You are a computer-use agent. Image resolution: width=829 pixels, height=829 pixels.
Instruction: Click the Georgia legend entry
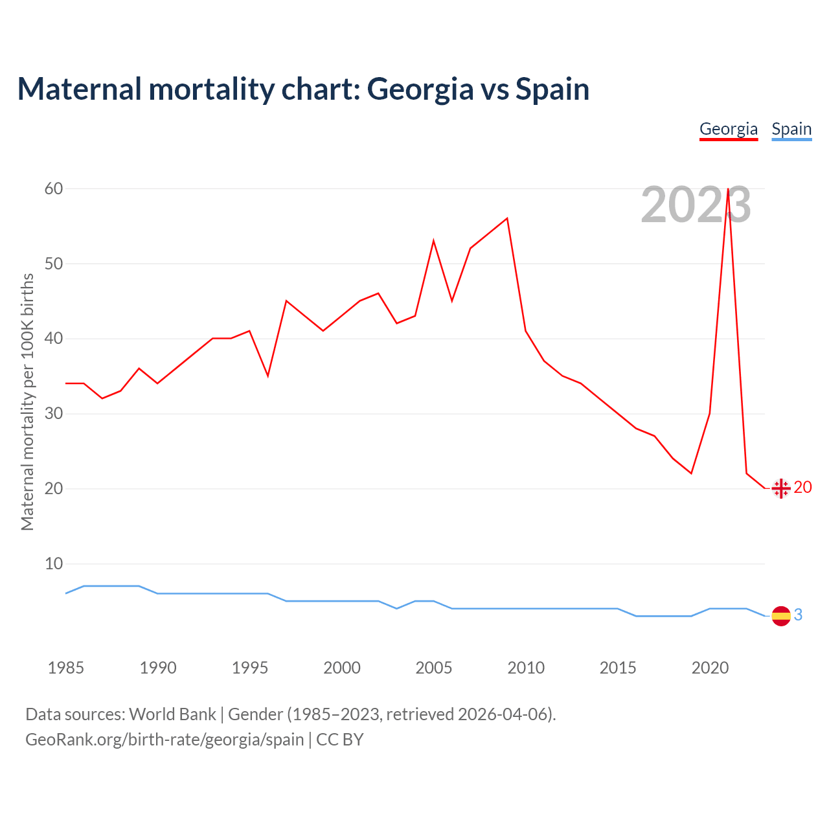pyautogui.click(x=729, y=129)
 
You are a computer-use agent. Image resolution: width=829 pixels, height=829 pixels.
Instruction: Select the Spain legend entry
pyautogui.click(x=791, y=129)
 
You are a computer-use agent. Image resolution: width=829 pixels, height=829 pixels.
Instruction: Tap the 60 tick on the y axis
pyautogui.click(x=54, y=188)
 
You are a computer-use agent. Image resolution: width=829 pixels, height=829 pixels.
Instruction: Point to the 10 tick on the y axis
pyautogui.click(x=54, y=563)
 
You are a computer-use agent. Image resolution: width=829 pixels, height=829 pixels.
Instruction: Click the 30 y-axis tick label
pyautogui.click(x=54, y=413)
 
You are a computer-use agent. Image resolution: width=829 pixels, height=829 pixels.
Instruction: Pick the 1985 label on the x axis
pyautogui.click(x=66, y=668)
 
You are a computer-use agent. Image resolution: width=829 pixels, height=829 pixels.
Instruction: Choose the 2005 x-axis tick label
pyautogui.click(x=434, y=668)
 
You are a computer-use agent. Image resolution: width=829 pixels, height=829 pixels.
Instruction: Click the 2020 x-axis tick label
pyautogui.click(x=710, y=668)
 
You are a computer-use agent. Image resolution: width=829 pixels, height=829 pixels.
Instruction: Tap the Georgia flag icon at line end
pyautogui.click(x=781, y=488)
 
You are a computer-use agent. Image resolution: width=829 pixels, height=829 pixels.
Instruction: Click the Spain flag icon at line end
pyautogui.click(x=781, y=616)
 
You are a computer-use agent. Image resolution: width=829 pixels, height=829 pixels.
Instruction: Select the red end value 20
pyautogui.click(x=802, y=488)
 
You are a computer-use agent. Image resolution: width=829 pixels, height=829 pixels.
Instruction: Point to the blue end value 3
pyautogui.click(x=798, y=615)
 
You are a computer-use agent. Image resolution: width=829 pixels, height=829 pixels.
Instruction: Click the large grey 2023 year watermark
pyautogui.click(x=696, y=205)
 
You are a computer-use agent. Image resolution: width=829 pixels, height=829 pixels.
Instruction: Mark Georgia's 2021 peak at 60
pyautogui.click(x=729, y=189)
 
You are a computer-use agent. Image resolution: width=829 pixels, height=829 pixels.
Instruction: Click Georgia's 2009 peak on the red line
pyautogui.click(x=507, y=218)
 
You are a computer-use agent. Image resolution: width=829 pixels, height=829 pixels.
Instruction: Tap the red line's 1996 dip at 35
pyautogui.click(x=267, y=376)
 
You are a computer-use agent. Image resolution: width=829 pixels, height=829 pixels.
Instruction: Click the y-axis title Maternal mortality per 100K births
pyautogui.click(x=27, y=402)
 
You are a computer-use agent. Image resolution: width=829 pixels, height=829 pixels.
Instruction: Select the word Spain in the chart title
pyautogui.click(x=552, y=89)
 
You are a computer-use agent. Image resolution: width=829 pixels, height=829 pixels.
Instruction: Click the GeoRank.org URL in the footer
pyautogui.click(x=165, y=740)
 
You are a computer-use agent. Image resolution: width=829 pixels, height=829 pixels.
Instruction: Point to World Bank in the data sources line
pyautogui.click(x=172, y=714)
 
